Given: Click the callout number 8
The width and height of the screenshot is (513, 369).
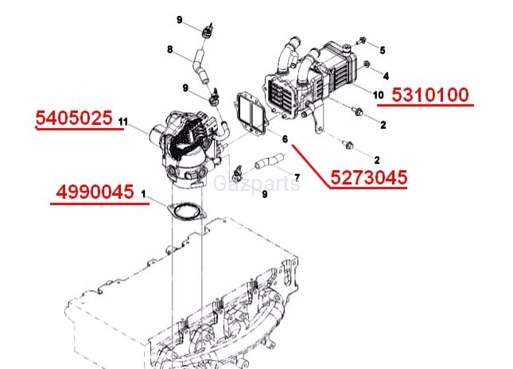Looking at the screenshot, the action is point(169,50).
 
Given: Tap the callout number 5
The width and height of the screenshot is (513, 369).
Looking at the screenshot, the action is point(383,50).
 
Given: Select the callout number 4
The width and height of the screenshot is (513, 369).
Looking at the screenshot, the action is point(386,76).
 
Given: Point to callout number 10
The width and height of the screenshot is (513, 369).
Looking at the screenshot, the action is point(379,95).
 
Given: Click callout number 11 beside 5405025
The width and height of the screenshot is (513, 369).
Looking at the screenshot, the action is point(123,122).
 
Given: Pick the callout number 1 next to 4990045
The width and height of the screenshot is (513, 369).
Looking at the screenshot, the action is point(143,194).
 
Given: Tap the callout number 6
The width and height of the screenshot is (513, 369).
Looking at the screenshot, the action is point(286,139).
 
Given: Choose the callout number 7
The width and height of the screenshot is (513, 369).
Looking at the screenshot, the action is point(297,177).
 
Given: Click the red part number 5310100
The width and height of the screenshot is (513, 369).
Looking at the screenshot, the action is point(430,95).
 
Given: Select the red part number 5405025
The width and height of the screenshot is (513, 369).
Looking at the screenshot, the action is point(74,118).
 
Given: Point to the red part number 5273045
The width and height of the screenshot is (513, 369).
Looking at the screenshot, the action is point(369,177).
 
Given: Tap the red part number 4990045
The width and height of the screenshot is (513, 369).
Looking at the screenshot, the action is point(95,192).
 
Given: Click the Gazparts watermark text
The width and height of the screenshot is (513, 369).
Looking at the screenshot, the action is point(256,184).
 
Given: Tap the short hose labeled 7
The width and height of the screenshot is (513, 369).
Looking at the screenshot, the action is point(269,161).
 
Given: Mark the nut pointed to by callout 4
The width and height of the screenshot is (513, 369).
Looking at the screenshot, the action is point(367,64).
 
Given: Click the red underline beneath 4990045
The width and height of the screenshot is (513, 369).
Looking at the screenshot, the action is point(99,204).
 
